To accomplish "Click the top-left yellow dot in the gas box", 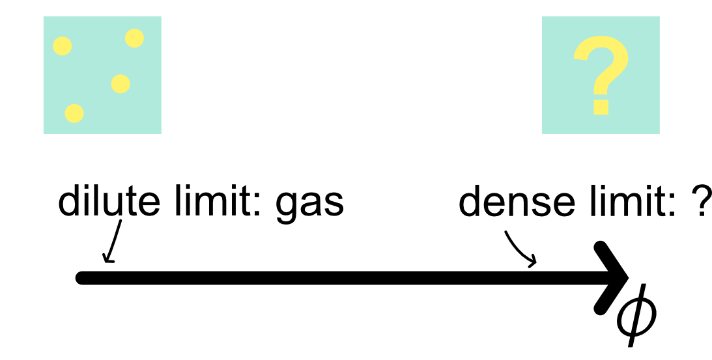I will click(x=62, y=46).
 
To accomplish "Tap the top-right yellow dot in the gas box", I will click(x=134, y=38).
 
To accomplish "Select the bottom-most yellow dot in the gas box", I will click(x=74, y=113).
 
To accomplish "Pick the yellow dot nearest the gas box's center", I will click(x=121, y=83).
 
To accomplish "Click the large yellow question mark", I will click(x=601, y=68).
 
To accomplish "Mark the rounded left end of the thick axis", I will click(x=81, y=278).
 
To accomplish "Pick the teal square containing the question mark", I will click(x=601, y=76).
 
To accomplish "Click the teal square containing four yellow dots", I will click(x=102, y=76).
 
